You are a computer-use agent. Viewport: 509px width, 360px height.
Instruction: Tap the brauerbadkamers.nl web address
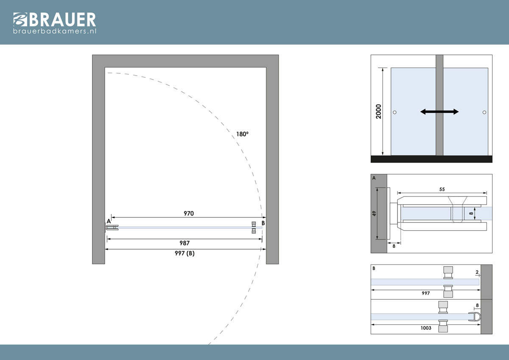coord(55,31)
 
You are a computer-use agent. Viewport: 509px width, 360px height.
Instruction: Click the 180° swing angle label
coord(242,134)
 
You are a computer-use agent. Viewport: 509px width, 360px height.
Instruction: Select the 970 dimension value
coord(189,213)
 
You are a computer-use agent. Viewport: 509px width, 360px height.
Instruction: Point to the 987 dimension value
coord(185,243)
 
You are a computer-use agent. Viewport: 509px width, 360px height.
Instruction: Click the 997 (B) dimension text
coord(185,253)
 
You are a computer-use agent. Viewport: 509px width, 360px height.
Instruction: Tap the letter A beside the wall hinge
coord(109,221)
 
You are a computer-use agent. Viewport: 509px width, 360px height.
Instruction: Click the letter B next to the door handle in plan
coord(263,223)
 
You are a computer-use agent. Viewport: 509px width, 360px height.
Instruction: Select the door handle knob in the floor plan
coord(254,228)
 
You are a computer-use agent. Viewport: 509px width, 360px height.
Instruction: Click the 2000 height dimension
coord(378,111)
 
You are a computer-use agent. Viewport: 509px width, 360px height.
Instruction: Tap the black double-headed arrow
coord(439,112)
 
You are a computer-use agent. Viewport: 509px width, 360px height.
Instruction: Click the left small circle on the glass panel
coord(395,112)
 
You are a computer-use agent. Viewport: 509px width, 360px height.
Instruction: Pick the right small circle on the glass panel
coord(484,112)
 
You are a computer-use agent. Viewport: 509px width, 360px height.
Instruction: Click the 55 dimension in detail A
coord(442,189)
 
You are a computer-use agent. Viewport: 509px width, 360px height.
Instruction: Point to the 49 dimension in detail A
coord(374,214)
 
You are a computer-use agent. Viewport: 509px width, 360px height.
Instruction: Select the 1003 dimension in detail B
coord(426,328)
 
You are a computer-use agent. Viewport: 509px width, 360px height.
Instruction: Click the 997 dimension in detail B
coord(426,293)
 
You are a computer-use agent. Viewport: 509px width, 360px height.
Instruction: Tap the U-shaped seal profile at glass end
coord(475,317)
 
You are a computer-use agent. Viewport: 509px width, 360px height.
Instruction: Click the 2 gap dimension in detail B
coord(477,272)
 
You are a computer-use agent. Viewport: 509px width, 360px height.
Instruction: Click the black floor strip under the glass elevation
coord(431,159)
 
